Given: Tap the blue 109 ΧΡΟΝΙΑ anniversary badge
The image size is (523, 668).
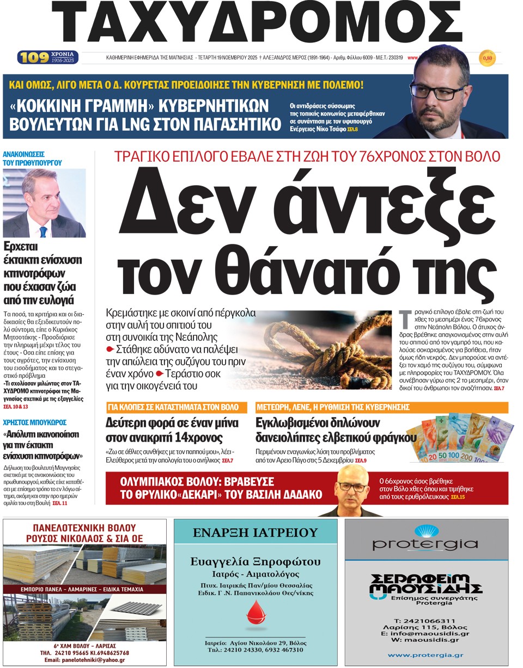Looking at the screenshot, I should pos(48,57).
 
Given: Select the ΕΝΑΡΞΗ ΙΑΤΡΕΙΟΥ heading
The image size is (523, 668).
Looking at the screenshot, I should pos(255,532).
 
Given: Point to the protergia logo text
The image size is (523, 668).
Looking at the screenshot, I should pos(425,543).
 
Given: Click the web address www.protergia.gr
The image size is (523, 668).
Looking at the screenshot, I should pos(425,655).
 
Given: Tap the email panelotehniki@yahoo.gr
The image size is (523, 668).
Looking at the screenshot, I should pos(84,660).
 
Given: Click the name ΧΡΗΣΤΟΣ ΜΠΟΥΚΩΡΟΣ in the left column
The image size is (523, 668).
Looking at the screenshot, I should pos(34,422).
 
